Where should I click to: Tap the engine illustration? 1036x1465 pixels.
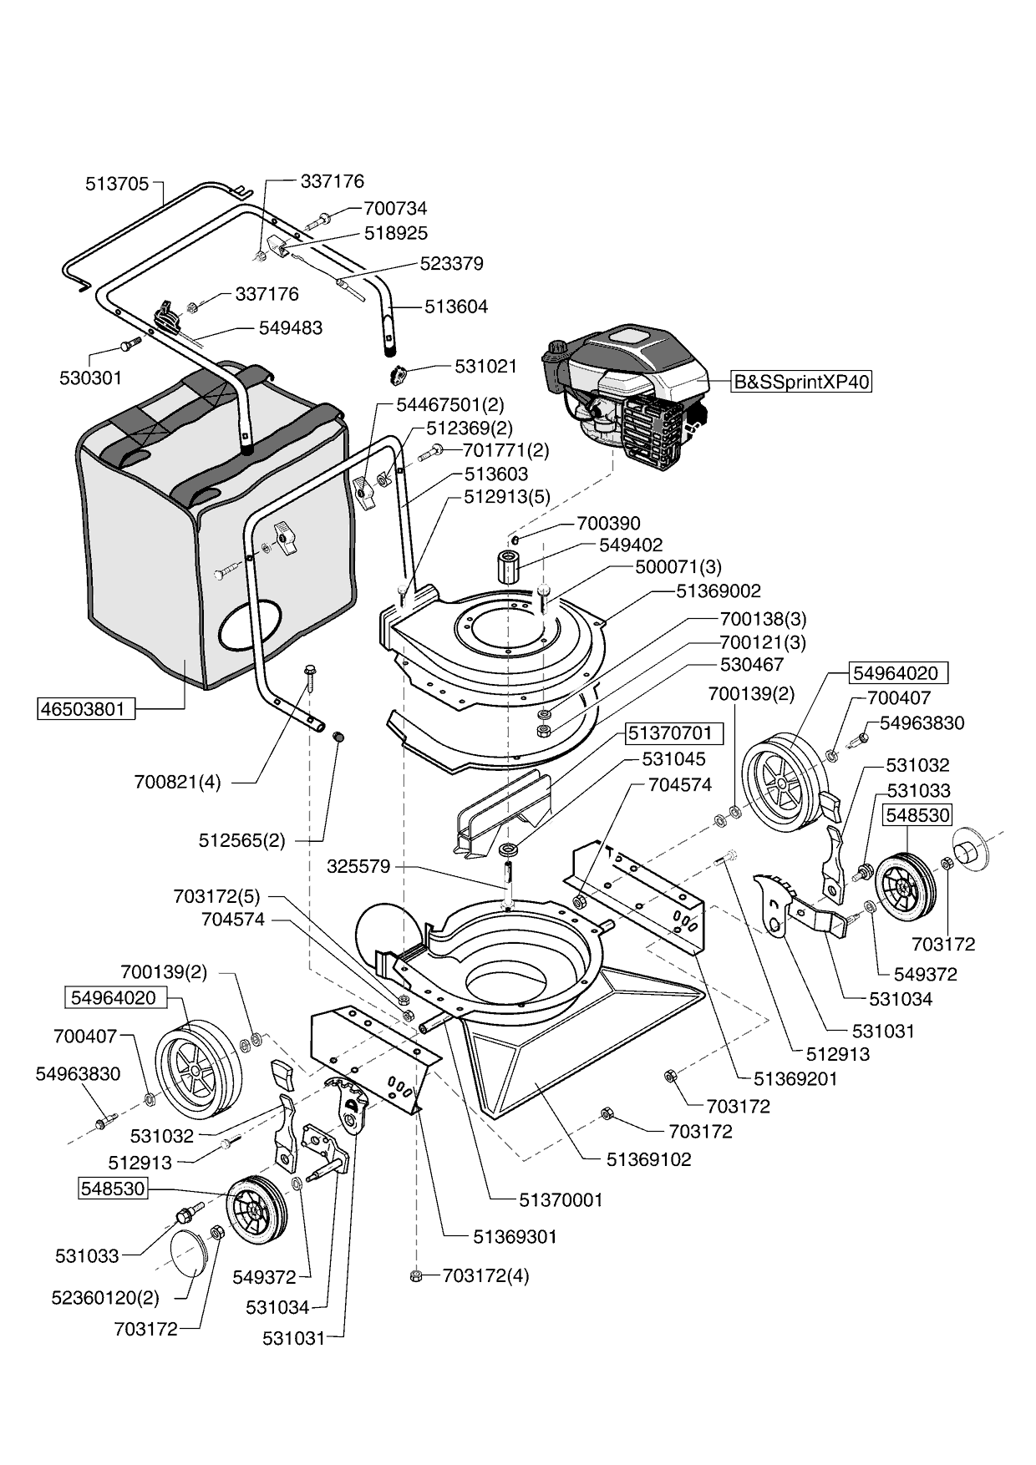click(627, 393)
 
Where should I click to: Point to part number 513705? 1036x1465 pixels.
click(117, 183)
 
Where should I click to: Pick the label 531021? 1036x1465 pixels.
click(485, 366)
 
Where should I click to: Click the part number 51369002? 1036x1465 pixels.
click(719, 591)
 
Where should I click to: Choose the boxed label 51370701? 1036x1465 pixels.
click(670, 733)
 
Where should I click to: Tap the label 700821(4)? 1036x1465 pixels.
click(177, 783)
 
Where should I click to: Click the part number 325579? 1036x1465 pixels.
click(358, 866)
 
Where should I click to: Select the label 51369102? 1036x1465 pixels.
click(648, 1159)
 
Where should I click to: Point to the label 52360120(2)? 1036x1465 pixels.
click(104, 1298)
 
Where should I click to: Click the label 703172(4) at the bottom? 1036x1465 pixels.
click(485, 1275)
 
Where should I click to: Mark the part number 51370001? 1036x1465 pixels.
click(561, 1199)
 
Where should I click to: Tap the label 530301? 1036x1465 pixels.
click(90, 378)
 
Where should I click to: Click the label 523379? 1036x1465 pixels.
click(452, 263)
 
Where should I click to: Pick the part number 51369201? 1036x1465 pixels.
click(795, 1078)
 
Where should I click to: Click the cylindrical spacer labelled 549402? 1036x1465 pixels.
click(508, 567)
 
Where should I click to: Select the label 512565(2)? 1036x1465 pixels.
click(241, 840)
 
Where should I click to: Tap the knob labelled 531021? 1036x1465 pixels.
click(397, 374)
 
